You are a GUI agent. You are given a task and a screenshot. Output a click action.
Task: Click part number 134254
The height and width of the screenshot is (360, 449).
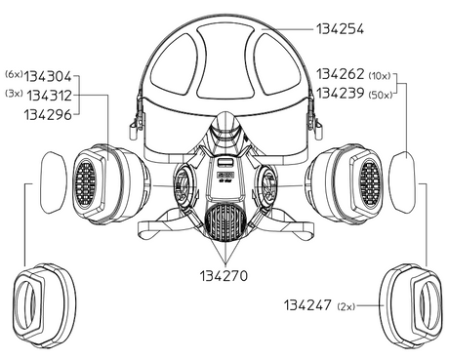340,29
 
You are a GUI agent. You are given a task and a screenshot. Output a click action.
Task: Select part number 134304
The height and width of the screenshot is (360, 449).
48,77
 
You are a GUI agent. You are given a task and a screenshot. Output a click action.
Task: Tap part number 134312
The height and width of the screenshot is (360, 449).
49,96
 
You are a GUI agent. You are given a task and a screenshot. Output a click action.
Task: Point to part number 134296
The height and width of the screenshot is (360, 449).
48,114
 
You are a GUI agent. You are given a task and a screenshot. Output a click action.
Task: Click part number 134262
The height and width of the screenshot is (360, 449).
341,74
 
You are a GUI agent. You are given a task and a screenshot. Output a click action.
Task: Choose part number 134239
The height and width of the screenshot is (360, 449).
341,94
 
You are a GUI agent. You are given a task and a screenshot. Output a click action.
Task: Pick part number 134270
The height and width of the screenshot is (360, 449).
224,276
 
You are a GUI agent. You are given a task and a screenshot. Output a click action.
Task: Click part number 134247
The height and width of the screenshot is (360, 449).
307,305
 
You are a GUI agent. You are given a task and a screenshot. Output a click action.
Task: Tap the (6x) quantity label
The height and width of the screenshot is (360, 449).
14,74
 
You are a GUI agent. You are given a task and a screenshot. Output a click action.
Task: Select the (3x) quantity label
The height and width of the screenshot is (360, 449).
14,94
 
